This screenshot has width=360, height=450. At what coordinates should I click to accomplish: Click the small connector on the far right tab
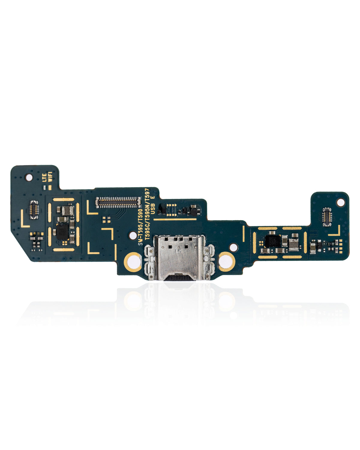pyautogui.click(x=326, y=217)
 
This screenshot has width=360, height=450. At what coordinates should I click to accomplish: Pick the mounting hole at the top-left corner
pyautogui.click(x=29, y=177)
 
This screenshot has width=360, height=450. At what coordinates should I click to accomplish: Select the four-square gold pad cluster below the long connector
pyautogui.click(x=105, y=220)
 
